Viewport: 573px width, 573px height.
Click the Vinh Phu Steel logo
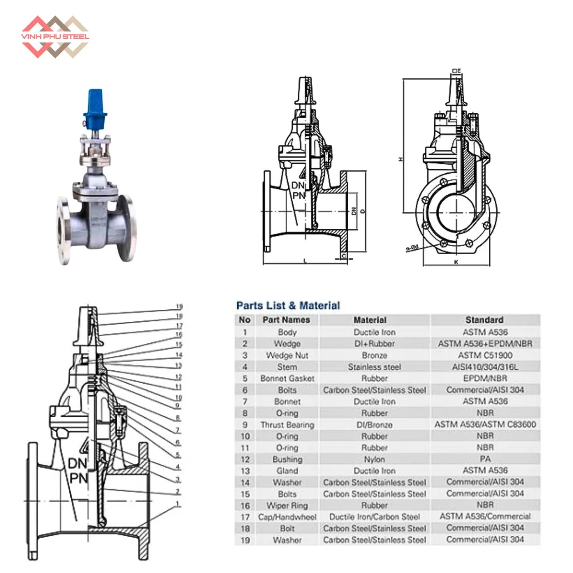tap(55, 37)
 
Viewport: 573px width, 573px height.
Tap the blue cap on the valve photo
tap(96, 107)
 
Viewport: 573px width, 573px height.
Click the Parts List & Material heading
tap(288, 306)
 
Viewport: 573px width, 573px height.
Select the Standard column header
tap(484, 320)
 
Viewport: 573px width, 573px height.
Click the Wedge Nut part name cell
tap(287, 355)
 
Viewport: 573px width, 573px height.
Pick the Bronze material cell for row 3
tap(374, 355)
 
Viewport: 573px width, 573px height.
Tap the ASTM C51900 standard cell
tap(485, 355)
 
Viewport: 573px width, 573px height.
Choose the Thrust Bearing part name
tap(287, 425)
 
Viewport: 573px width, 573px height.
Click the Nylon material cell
tap(374, 459)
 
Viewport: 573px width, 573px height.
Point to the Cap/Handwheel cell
tap(287, 517)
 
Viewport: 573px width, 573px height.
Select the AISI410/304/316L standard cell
tap(485, 367)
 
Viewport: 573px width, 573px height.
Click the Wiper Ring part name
tap(287, 505)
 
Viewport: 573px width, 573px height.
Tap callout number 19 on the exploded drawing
tap(179, 307)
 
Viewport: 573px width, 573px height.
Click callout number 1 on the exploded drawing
tap(178, 504)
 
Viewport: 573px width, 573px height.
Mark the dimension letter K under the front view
tap(456, 262)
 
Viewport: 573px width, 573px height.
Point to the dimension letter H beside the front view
tap(401, 159)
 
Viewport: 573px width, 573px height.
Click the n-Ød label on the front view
tap(412, 248)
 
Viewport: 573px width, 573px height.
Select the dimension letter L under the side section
tap(305, 261)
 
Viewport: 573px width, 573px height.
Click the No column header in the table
tap(244, 320)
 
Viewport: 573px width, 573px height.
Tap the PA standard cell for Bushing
tap(485, 459)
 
